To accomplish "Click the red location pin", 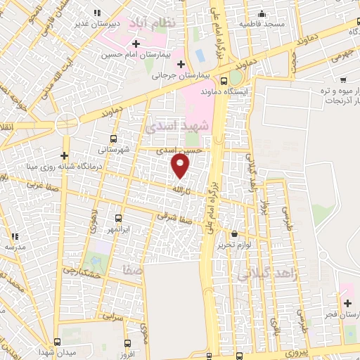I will [181, 167].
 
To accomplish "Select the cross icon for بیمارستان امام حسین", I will [136, 44].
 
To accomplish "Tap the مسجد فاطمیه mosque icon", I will [262, 13].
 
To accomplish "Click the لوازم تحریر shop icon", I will [234, 234].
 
